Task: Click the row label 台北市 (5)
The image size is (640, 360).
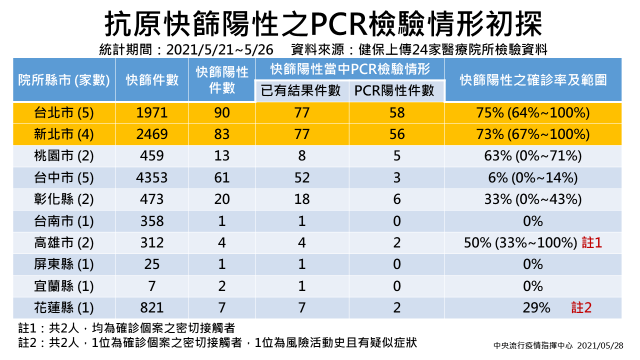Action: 63,113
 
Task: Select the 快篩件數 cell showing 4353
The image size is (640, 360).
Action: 151,177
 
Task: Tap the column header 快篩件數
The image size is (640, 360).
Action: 152,80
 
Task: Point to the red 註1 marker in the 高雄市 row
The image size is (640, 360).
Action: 591,242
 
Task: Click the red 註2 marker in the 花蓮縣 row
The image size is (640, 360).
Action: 581,307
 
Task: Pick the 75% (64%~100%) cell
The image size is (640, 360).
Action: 533,113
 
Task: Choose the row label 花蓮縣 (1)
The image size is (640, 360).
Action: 63,308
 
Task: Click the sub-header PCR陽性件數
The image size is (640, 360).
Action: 394,91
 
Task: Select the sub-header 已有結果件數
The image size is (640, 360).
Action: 300,91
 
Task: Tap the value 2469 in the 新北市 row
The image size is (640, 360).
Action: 151,134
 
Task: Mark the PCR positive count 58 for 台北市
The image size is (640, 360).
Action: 397,113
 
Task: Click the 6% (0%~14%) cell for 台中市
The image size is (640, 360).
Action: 533,177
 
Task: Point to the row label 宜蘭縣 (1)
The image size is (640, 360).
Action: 63,286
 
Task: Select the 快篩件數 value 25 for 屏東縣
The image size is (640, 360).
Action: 151,264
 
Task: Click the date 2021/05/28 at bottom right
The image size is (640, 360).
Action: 600,345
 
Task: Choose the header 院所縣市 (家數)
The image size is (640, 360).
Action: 64,80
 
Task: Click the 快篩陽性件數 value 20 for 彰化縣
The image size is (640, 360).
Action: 221,199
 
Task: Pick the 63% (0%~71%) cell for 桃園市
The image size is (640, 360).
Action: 533,156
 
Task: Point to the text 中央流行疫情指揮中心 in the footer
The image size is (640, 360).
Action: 533,345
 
